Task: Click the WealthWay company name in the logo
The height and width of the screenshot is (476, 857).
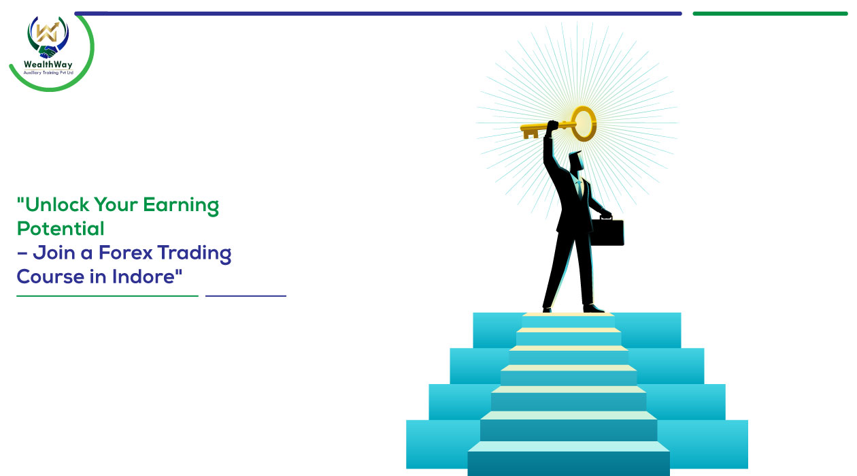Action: coord(48,64)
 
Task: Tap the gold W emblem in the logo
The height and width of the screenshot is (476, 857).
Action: coord(47,32)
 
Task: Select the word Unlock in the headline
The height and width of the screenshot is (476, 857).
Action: coord(57,204)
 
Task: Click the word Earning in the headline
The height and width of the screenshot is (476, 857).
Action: coord(181,206)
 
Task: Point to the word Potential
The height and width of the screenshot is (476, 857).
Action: coord(61,229)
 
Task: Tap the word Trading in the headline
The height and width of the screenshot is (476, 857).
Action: coord(195,254)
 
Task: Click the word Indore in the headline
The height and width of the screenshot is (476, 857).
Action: coord(144,276)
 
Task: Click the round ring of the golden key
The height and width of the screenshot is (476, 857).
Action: coord(584,124)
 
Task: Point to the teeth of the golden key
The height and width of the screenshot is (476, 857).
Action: coord(531,134)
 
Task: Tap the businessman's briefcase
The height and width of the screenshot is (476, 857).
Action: coord(607,232)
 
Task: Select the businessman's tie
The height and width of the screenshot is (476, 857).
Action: coord(580,189)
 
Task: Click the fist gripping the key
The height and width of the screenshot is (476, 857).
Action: coord(552,127)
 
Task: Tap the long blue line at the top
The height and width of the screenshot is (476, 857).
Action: coord(378,14)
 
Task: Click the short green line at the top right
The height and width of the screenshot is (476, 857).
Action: coord(770,14)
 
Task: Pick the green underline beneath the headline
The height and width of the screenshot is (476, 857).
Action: coord(107,296)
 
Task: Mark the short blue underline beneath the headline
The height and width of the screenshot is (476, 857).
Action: coord(246,296)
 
